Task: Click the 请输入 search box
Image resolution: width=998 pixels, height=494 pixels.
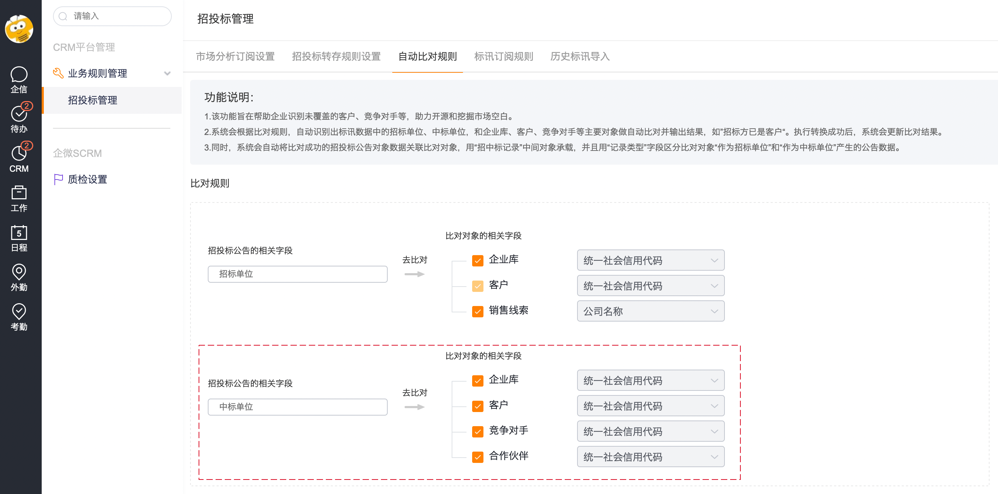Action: tap(112, 16)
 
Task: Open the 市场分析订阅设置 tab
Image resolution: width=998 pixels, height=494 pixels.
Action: tap(235, 57)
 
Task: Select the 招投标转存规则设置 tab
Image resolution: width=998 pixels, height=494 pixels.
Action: tap(336, 57)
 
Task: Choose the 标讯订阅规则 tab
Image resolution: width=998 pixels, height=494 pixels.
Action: tap(504, 57)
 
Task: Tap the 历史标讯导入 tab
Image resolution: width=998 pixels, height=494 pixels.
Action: tap(580, 57)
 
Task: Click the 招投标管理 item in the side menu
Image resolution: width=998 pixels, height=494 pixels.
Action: tap(93, 100)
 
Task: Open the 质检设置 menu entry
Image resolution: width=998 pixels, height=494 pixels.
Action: tap(88, 180)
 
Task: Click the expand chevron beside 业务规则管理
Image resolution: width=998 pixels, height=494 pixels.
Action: tap(168, 73)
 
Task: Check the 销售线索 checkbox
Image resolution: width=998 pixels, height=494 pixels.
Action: tap(478, 311)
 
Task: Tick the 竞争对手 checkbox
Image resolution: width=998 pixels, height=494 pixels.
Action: tap(478, 431)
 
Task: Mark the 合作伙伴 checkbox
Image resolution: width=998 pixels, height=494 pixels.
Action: tap(478, 457)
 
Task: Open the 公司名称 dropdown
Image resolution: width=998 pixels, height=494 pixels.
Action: tap(651, 311)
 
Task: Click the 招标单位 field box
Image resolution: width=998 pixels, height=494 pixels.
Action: tap(298, 274)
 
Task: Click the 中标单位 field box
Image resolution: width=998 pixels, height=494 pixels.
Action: tap(298, 407)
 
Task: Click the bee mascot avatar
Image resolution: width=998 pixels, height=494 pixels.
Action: tap(19, 29)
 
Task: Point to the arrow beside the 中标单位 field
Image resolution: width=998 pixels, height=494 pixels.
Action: tap(415, 407)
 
